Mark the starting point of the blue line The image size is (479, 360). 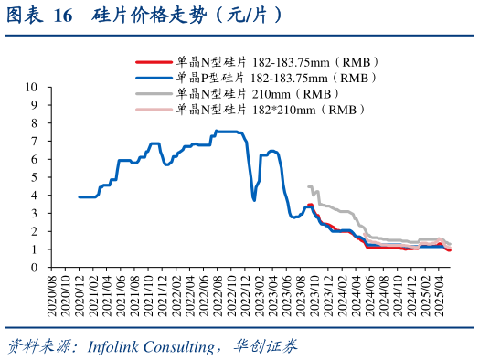pyautogui.click(x=80, y=196)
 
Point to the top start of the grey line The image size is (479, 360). pyautogui.click(x=309, y=186)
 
